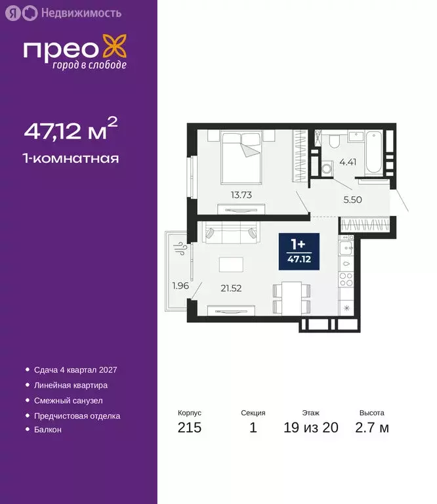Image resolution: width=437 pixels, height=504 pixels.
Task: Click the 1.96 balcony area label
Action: pos(180,285)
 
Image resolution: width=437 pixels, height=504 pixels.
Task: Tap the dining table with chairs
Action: pos(289,297)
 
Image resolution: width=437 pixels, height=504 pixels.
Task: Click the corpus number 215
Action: pos(190,429)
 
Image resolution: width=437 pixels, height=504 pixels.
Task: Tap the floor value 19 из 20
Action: pos(311,429)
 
